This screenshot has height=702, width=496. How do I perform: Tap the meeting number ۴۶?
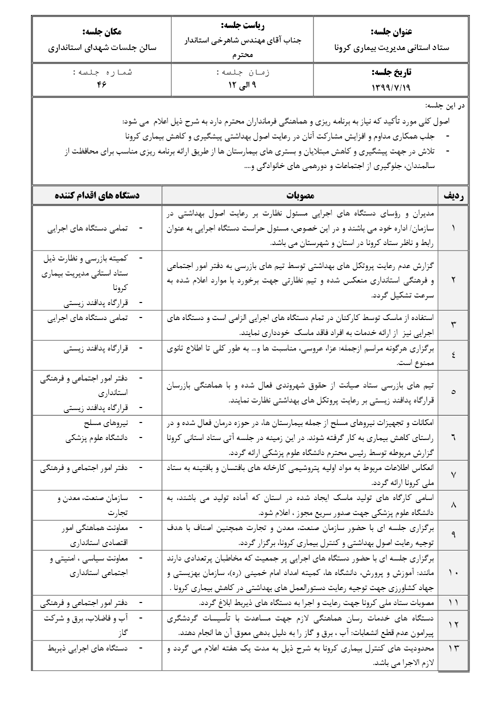click(x=102, y=84)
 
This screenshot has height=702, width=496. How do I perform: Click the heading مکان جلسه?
click(x=102, y=31)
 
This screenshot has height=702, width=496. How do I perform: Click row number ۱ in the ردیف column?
click(x=453, y=228)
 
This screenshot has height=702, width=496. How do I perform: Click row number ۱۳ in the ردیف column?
click(x=453, y=648)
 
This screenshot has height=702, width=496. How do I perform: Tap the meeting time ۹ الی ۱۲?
click(x=242, y=84)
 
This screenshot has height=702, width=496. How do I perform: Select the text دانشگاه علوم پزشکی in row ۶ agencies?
click(x=96, y=438)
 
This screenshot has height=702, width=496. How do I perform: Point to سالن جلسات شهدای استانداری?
click(x=102, y=48)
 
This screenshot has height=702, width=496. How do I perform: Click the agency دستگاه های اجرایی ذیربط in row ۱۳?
click(x=87, y=648)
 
